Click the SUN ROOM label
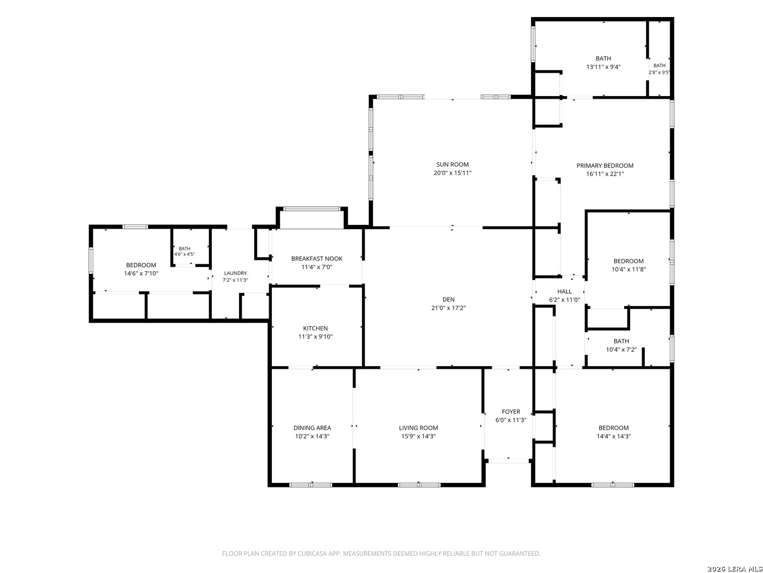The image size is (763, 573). [453, 164]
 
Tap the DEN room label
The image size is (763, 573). [448, 300]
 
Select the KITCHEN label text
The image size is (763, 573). [315, 328]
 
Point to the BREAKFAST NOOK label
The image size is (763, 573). [317, 259]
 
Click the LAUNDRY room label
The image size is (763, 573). [235, 273]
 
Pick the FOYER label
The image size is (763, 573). [511, 412]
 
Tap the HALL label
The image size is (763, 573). [564, 292]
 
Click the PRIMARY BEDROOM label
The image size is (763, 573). [605, 166]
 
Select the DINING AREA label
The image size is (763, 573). [312, 428]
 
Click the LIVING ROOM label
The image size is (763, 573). [418, 428]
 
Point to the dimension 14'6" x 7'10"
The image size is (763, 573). [141, 273]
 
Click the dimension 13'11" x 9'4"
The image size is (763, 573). [603, 67]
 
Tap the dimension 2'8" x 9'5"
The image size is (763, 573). [659, 73]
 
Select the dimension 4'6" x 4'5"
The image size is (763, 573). [184, 254]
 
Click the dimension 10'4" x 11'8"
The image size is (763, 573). [628, 270]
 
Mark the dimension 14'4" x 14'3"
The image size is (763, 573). [614, 436]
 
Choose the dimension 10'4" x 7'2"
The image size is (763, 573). [621, 350]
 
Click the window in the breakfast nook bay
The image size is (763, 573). [312, 209]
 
